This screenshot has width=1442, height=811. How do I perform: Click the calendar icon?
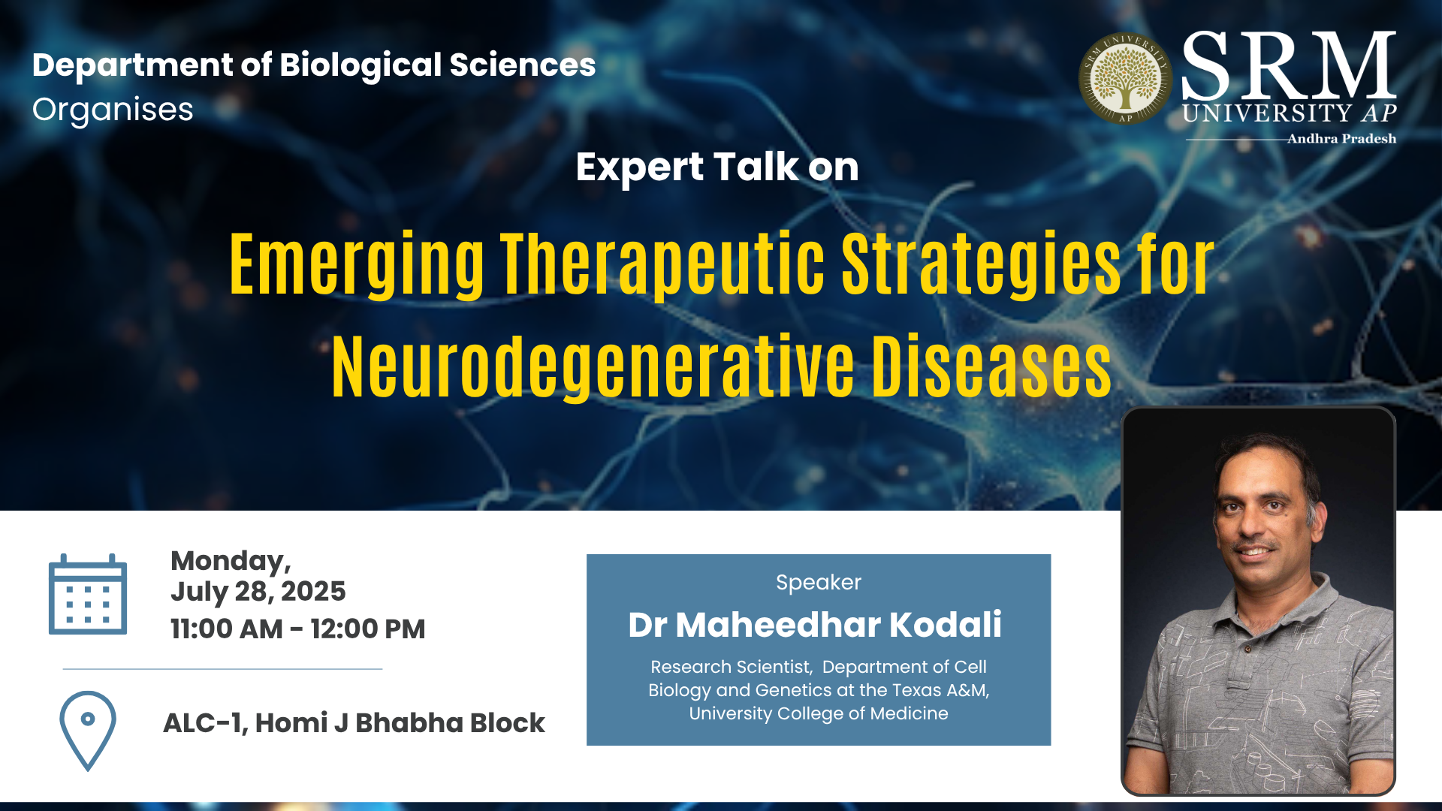point(88,594)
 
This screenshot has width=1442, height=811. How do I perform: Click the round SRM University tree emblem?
point(1125,78)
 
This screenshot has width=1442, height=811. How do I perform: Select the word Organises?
point(113,110)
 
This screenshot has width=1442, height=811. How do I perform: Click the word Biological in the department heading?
point(360,65)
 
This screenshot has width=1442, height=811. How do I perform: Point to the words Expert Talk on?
point(717,167)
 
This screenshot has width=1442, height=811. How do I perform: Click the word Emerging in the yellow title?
point(357,265)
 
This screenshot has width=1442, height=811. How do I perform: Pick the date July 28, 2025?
point(258,592)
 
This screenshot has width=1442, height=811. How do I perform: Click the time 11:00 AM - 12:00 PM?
point(298,629)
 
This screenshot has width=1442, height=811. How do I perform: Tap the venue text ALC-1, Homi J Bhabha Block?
point(354,722)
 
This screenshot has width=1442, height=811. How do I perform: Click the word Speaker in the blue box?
point(819,583)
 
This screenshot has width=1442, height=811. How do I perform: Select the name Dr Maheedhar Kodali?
point(815,625)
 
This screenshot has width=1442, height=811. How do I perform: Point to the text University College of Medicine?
point(819,713)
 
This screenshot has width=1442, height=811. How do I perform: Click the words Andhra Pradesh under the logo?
point(1341,139)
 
